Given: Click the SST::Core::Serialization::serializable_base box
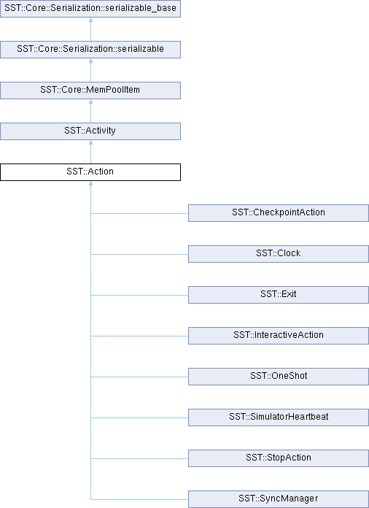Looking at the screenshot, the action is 90,9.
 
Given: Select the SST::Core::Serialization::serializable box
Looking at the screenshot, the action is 90,49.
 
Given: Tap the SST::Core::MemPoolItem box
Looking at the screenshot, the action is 90,90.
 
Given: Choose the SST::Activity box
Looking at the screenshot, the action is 90,131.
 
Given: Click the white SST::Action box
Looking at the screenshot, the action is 90,172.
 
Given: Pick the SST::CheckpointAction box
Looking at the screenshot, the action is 279,213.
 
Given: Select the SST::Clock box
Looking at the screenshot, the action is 279,254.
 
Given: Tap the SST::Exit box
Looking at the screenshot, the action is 279,294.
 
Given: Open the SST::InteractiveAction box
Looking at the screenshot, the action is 279,335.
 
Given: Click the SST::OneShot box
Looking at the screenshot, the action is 279,376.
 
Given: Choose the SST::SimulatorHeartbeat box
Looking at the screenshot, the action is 279,417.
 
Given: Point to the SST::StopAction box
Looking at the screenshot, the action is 279,458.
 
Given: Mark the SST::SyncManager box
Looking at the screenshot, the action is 279,499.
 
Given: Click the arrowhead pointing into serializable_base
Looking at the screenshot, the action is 90,20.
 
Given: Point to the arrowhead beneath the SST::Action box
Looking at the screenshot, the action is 90,182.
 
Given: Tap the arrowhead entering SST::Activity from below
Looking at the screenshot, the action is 90,142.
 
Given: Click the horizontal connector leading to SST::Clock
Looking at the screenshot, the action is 139,254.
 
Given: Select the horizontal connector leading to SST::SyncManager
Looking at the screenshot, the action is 139,499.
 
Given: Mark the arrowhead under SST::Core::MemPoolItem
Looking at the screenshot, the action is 90,101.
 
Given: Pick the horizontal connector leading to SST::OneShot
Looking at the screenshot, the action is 139,377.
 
